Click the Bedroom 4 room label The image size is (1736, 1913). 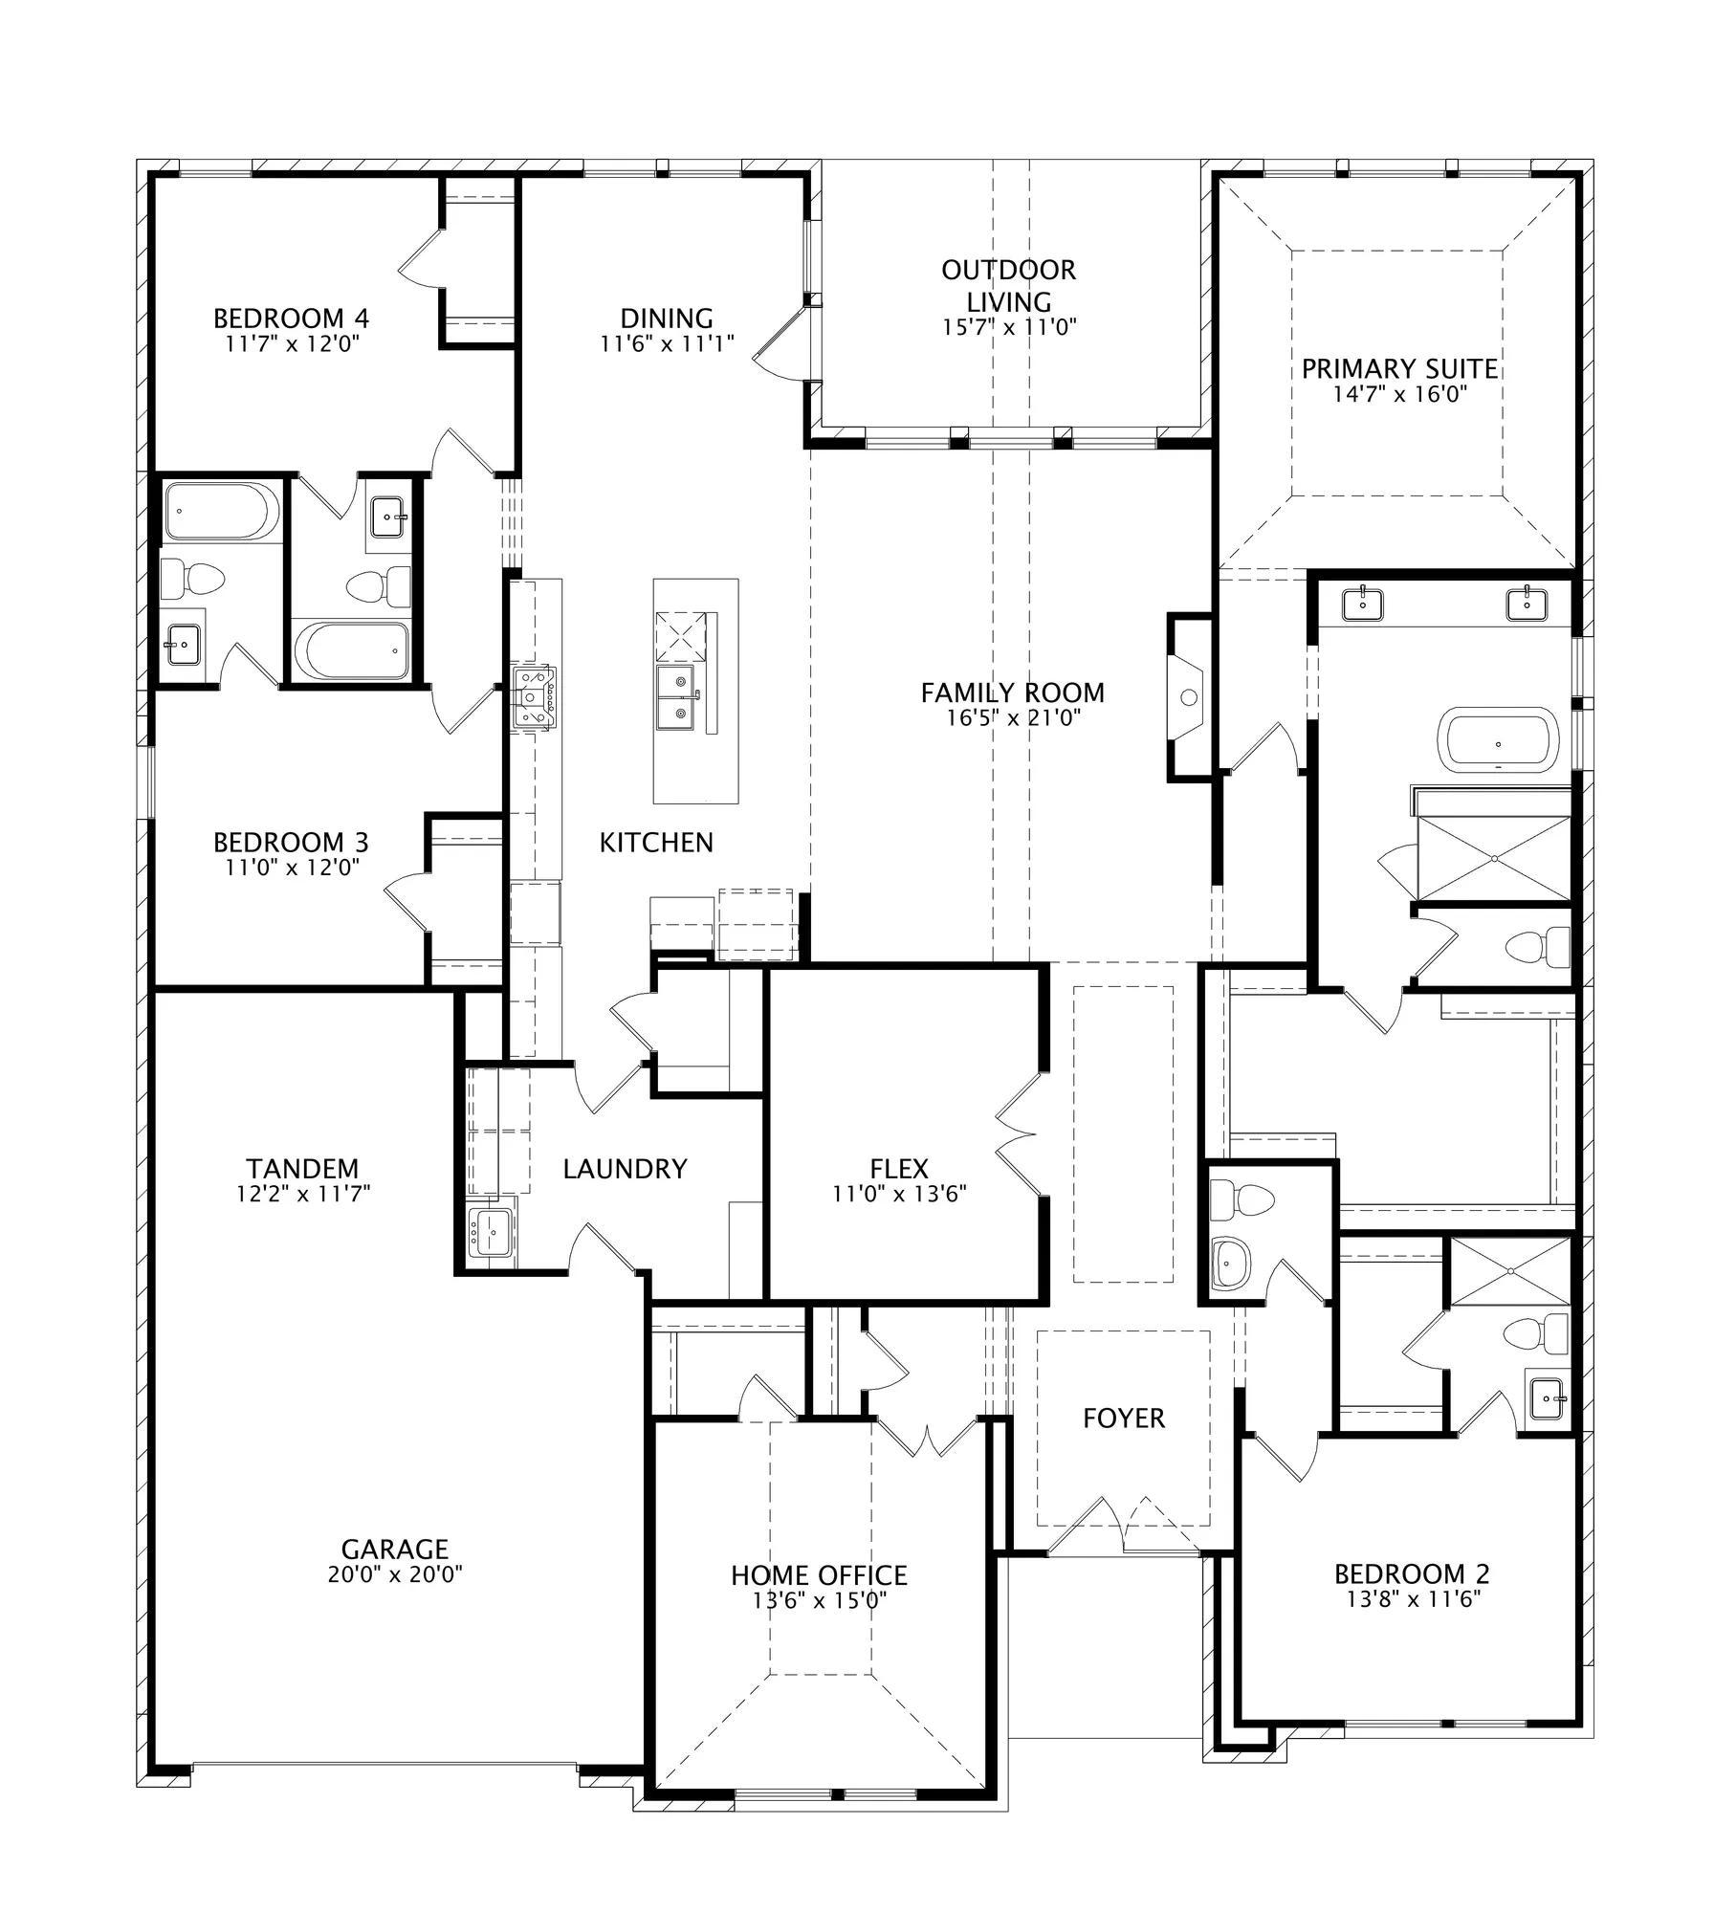tap(291, 318)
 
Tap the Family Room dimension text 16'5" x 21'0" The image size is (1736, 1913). tap(1013, 717)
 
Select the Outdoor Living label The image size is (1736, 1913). tap(1009, 285)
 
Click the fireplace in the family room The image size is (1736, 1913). tap(1189, 697)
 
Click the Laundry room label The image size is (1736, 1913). tap(625, 1169)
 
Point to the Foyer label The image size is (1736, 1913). tap(1124, 1418)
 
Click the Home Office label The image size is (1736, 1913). tap(819, 1575)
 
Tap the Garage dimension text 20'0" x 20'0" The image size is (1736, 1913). tap(395, 1574)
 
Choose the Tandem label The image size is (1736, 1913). tap(302, 1169)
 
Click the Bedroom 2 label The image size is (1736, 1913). tap(1412, 1573)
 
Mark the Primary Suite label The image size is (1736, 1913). tap(1399, 368)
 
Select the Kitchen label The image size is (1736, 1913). tap(656, 843)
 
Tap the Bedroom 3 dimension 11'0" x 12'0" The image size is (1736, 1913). tap(291, 868)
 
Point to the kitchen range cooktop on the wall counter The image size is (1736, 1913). tap(534, 697)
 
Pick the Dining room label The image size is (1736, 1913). tap(667, 318)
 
